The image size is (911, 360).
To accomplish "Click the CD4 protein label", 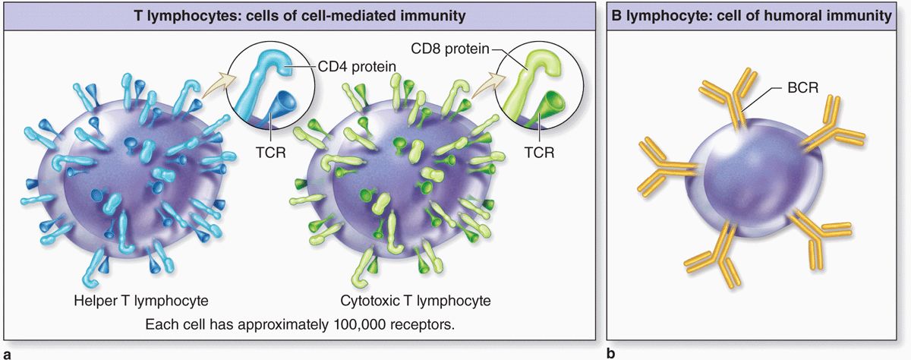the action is [357, 66].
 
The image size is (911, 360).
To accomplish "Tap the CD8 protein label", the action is [449, 49].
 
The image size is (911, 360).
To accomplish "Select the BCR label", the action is [802, 88].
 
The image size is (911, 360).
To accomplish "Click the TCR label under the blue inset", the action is [271, 153].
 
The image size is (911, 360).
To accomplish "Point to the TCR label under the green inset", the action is [539, 153].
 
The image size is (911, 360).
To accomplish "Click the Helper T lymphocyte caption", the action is [141, 301].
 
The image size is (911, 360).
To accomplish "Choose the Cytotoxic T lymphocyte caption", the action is [415, 301].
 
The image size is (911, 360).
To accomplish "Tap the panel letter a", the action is [7, 355].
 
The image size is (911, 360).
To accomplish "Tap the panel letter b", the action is [610, 354].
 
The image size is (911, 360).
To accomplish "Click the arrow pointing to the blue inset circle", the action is [219, 85].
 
